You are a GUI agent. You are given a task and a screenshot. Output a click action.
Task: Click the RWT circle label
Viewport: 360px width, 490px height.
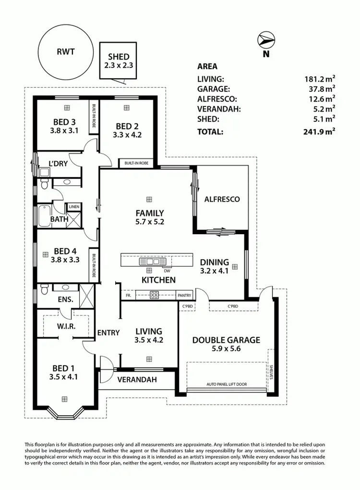(65, 52)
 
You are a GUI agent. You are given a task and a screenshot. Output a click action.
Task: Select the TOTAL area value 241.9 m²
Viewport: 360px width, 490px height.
(319, 131)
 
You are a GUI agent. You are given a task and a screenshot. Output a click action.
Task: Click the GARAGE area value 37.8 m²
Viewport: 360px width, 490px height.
(320, 89)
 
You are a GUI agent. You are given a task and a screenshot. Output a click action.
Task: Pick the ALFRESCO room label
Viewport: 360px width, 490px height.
(222, 199)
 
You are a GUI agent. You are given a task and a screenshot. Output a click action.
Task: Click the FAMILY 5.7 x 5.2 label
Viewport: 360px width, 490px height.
(150, 217)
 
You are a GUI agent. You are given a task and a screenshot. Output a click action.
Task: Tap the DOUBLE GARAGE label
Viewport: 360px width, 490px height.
(226, 340)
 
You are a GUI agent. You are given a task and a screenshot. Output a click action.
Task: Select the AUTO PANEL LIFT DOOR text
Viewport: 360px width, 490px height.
(227, 385)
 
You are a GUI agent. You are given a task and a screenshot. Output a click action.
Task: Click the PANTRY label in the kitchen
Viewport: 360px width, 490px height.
(184, 296)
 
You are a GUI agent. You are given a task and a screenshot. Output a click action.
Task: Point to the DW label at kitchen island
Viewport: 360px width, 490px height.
(167, 270)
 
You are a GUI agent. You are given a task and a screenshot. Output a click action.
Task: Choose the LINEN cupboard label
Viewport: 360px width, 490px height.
(74, 207)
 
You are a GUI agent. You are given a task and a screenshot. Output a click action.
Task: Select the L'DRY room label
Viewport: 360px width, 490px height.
(58, 163)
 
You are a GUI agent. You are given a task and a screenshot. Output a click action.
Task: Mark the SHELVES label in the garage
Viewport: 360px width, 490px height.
(271, 371)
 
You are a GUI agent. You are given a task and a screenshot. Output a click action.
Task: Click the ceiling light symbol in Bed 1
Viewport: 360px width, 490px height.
(64, 398)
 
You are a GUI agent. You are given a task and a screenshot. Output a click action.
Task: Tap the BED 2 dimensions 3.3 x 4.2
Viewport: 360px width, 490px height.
(127, 135)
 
